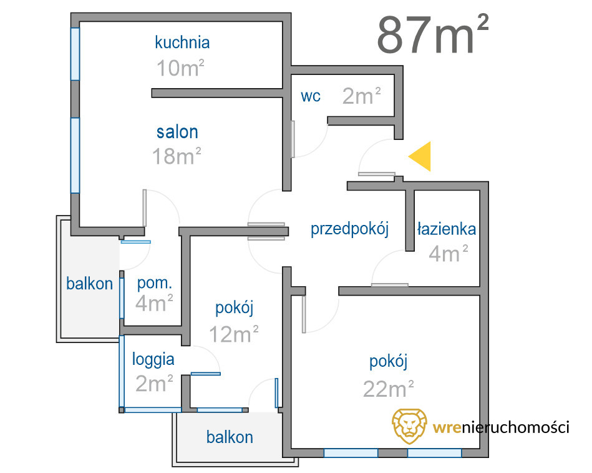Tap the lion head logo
coord(409,426)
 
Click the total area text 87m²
coord(433,34)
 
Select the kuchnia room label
coord(182,42)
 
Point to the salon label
coord(177,132)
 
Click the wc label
coord(311,96)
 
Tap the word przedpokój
coord(349,229)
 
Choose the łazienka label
coord(447,229)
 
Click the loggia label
coord(153,360)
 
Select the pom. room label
coord(155,283)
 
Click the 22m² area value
coord(389,389)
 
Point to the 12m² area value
coord(234,334)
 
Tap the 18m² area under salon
coord(177,156)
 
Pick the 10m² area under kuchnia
coord(180,68)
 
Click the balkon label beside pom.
coord(89,284)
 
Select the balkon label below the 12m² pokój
coord(230,437)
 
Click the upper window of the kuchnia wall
coord(75,54)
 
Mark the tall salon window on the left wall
coord(75,156)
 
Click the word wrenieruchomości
coord(501,427)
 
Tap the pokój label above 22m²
coord(389,361)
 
